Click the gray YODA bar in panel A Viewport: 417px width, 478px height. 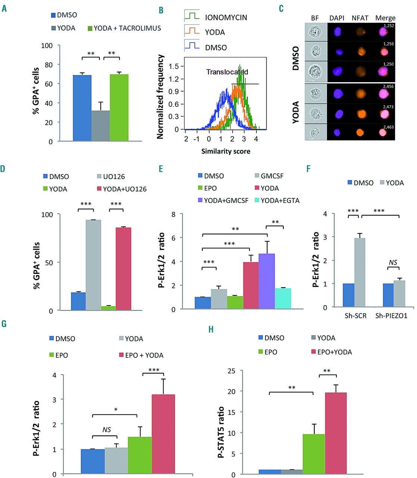(100, 126)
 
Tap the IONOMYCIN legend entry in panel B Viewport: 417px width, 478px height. (225, 17)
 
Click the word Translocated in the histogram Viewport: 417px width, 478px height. (227, 72)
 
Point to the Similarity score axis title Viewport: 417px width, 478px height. (225, 151)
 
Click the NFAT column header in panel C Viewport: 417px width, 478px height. (360, 18)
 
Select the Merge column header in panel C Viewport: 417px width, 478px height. (385, 18)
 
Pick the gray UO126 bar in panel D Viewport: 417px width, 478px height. (93, 265)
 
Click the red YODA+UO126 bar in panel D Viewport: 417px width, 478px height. (123, 269)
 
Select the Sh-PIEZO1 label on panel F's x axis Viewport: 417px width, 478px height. (391, 316)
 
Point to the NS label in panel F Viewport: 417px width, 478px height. (393, 263)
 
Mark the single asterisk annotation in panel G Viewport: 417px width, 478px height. (116, 410)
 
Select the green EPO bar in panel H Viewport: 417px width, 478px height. (314, 454)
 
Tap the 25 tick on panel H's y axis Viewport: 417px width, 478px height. (231, 370)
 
